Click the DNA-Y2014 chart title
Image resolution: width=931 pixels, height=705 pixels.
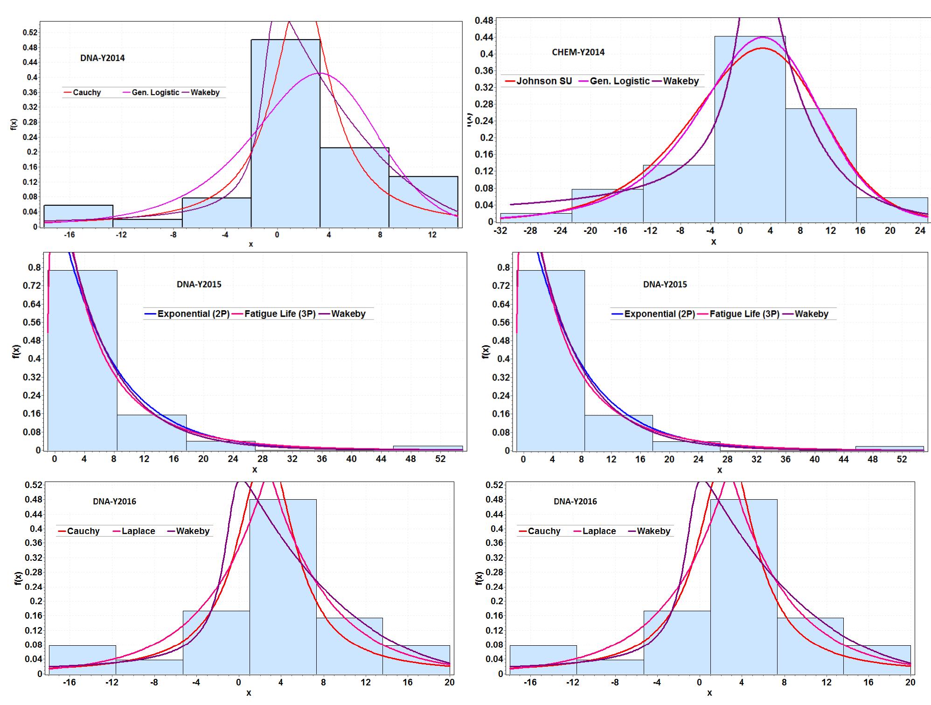[102, 58]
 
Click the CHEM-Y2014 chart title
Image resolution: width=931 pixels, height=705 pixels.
[578, 52]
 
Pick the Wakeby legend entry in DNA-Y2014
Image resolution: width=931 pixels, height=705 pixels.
[205, 92]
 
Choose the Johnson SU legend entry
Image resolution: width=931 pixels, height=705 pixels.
[543, 81]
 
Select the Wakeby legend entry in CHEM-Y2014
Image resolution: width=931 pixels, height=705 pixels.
[681, 81]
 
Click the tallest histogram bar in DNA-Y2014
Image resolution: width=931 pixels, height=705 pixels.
[285, 140]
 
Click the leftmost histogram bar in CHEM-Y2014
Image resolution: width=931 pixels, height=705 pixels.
[536, 217]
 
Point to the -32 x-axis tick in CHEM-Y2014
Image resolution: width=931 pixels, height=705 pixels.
[500, 231]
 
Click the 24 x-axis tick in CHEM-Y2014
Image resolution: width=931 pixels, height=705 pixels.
[920, 231]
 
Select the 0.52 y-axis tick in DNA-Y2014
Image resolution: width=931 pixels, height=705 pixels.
[31, 33]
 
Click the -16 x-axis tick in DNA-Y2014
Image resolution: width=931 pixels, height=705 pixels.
[69, 235]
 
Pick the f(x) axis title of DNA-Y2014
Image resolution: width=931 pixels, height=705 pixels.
[14, 124]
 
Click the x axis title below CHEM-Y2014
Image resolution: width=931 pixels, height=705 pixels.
[713, 242]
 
